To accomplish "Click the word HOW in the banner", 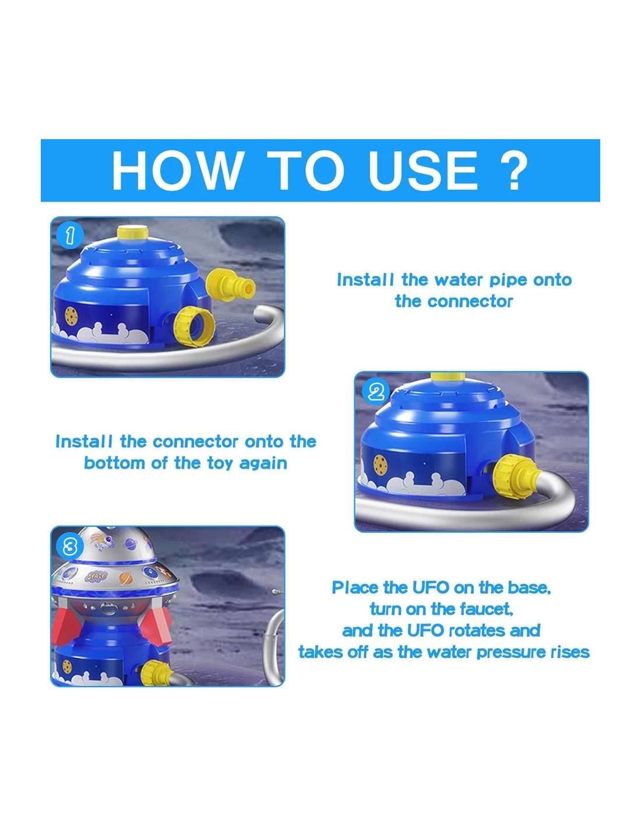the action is pos(177,170).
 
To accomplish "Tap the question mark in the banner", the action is pos(513,170).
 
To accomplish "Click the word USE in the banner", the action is pos(423,170).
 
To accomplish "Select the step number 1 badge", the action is pos(70,236).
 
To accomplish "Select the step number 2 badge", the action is pos(376,391).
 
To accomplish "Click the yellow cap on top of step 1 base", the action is pos(133,233).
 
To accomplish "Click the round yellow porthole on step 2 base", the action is pos(380,465).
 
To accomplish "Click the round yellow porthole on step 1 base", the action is pos(71,316).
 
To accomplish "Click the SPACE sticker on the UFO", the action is pos(96,576).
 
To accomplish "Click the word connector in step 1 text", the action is pos(470,302).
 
